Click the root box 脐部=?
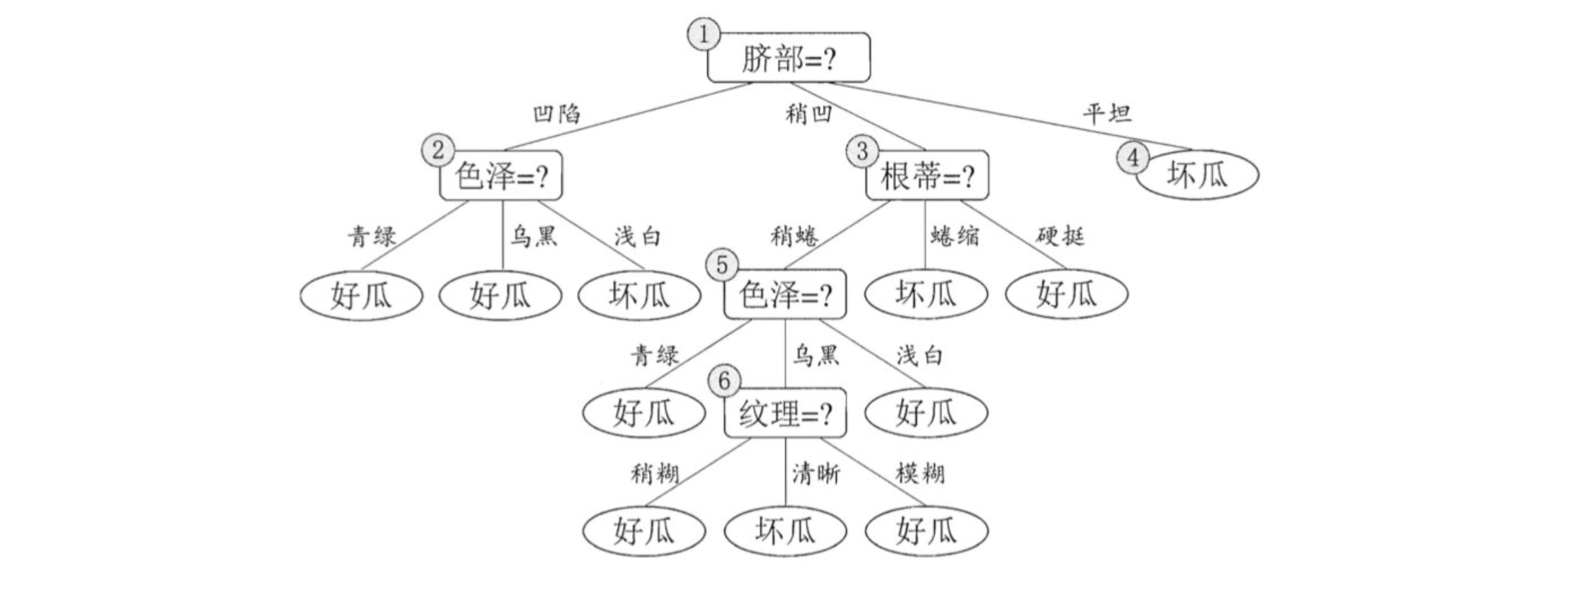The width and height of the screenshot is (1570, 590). tap(789, 58)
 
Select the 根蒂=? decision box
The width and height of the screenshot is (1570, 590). tap(927, 176)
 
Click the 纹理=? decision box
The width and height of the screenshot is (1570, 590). tap(785, 413)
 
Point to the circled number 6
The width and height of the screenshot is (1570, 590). tap(723, 381)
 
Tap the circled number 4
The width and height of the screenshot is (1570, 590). tap(1133, 158)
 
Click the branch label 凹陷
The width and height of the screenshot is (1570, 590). tap(556, 113)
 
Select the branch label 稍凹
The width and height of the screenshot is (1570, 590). tap(808, 113)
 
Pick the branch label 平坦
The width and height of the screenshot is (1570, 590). tap(1107, 113)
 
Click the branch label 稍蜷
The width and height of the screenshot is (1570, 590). tap(794, 236)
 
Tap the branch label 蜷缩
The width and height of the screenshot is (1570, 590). tap(954, 236)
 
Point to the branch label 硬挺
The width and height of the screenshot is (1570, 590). tap(1060, 236)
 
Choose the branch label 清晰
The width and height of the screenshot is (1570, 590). tap(815, 473)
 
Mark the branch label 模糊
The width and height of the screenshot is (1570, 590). tap(919, 473)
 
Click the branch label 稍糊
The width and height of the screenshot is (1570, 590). tap(655, 473)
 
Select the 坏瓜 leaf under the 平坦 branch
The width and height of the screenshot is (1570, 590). tap(1198, 175)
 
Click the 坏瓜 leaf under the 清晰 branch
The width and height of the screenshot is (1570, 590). tap(785, 531)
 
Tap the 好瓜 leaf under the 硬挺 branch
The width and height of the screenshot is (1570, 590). tap(1066, 294)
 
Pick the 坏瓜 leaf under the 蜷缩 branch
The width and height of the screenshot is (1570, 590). tap(926, 294)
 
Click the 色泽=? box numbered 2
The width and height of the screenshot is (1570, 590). tap(501, 176)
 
